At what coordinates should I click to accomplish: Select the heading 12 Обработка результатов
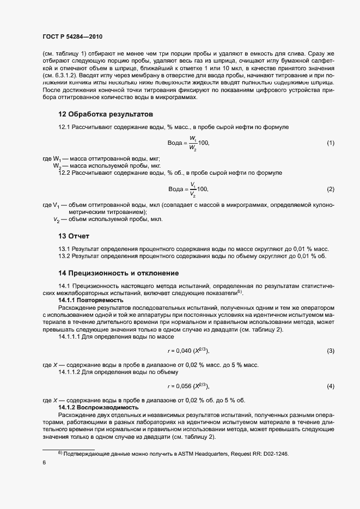[106, 114]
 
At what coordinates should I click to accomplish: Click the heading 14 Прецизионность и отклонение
[119, 273]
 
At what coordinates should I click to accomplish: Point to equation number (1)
[330, 143]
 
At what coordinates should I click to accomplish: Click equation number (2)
[330, 189]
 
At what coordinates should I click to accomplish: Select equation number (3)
[330, 351]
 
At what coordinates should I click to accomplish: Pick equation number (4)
[330, 386]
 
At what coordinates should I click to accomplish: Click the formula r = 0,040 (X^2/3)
[189, 351]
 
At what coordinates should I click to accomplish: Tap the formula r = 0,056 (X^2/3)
[189, 386]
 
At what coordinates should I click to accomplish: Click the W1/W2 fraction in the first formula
[193, 143]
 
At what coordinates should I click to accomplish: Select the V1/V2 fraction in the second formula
[193, 189]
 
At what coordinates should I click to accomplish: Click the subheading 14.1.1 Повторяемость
[91, 300]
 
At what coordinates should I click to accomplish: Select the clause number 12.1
[64, 126]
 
